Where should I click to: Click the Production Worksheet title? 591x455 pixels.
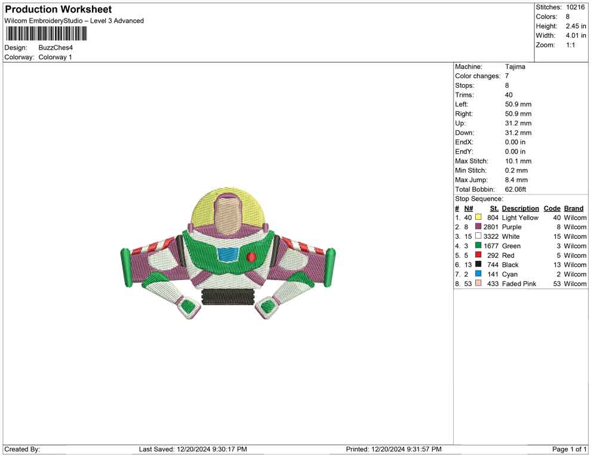click(59, 10)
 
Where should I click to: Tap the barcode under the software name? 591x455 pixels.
click(46, 34)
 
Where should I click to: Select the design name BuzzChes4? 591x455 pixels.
click(56, 48)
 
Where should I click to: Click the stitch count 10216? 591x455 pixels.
click(575, 7)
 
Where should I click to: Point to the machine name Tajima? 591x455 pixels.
click(515, 67)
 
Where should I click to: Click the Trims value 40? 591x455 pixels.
click(509, 95)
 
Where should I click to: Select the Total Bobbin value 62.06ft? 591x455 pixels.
click(515, 189)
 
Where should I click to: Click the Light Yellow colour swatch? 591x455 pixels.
click(478, 217)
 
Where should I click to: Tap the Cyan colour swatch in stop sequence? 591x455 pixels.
click(478, 273)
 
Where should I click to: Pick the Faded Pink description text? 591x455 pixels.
click(519, 284)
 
